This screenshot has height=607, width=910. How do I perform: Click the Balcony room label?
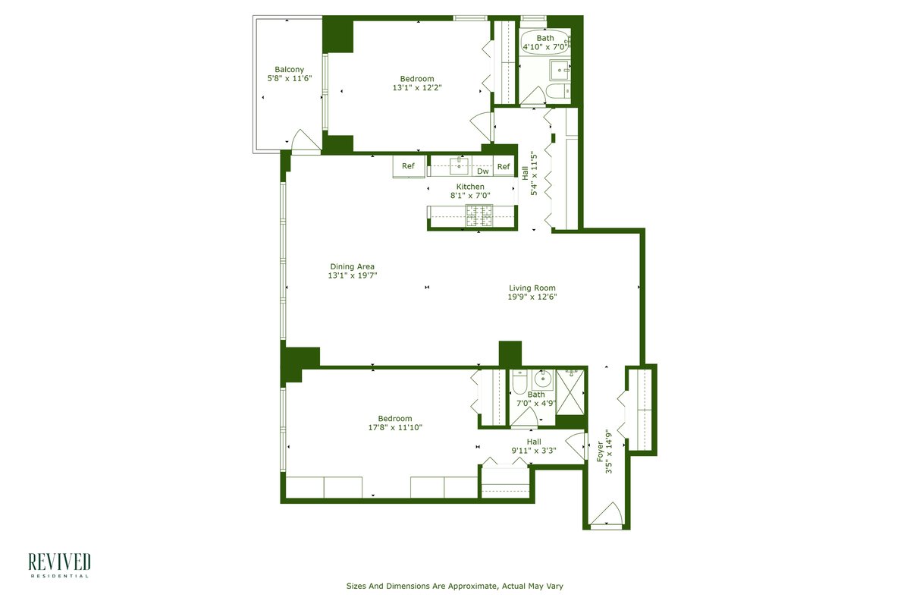pyautogui.click(x=289, y=70)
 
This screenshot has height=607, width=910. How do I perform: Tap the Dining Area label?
pyautogui.click(x=352, y=267)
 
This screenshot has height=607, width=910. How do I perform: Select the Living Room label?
pyautogui.click(x=532, y=288)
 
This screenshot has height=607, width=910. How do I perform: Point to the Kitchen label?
pyautogui.click(x=470, y=187)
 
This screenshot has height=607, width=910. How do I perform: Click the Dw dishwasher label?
pyautogui.click(x=482, y=171)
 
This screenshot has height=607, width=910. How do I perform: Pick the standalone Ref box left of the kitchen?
pyautogui.click(x=409, y=166)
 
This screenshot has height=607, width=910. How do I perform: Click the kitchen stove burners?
pyautogui.click(x=479, y=215)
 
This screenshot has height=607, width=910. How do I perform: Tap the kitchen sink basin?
pyautogui.click(x=460, y=166)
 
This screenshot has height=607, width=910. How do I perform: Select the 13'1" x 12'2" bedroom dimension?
pyautogui.click(x=417, y=87)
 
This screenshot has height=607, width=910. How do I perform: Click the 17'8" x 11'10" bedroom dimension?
pyautogui.click(x=395, y=427)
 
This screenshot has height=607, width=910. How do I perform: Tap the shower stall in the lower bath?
pyautogui.click(x=570, y=392)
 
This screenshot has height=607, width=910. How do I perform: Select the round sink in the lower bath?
pyautogui.click(x=542, y=379)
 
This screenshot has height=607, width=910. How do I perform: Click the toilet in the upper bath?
pyautogui.click(x=558, y=92)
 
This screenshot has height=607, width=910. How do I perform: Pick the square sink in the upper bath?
pyautogui.click(x=560, y=71)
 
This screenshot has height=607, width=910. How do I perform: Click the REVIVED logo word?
pyautogui.click(x=59, y=562)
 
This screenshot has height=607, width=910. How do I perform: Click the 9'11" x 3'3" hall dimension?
pyautogui.click(x=534, y=451)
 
